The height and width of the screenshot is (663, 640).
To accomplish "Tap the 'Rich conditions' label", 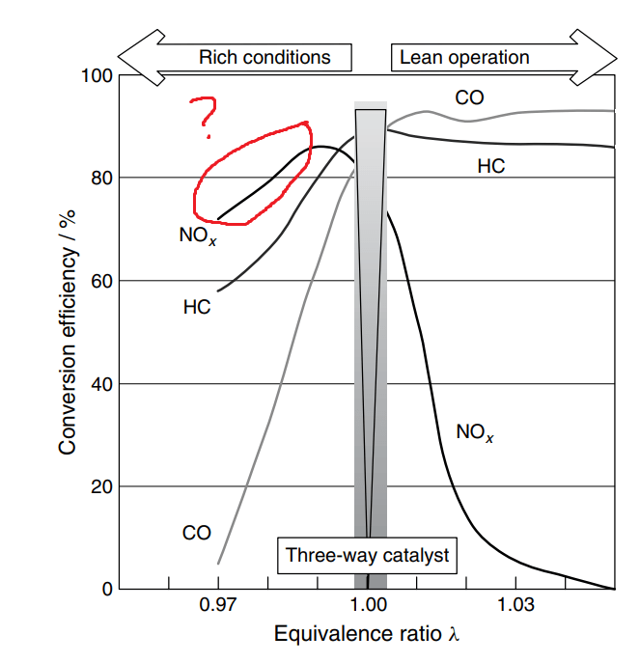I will (264, 58).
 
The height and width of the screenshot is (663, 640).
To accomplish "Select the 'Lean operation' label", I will (465, 58).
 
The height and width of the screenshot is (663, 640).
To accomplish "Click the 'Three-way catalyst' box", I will (368, 556).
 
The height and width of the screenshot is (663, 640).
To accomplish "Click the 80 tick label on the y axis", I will (99, 179).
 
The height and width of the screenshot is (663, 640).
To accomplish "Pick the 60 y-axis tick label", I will (99, 281).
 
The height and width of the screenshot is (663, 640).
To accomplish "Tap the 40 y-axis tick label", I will (99, 384).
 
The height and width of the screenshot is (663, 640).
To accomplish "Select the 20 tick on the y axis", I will (99, 486).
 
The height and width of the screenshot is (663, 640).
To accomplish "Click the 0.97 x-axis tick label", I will (218, 609).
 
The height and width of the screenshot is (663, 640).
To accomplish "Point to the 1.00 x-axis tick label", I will (368, 609).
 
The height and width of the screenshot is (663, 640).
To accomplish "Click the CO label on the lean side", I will (469, 97).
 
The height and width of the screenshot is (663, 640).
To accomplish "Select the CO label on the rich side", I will (196, 533).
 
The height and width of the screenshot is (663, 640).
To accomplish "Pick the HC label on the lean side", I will (490, 166).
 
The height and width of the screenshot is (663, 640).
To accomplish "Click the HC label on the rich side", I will (197, 309).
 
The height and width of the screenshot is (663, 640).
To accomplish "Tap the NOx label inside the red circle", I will (198, 235).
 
